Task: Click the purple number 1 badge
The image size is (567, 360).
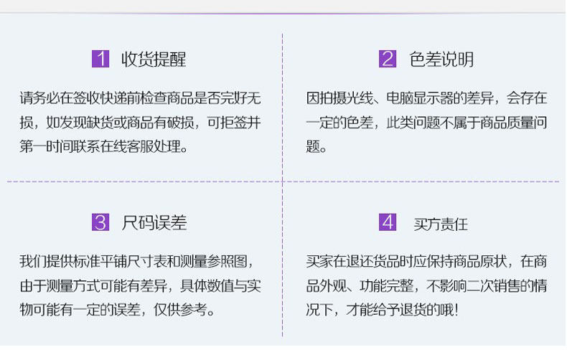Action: click(x=100, y=59)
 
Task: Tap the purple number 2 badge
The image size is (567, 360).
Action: click(x=388, y=59)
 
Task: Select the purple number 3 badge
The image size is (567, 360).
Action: click(x=100, y=222)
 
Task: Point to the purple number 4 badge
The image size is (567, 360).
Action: click(x=388, y=222)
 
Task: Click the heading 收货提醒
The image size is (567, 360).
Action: click(x=154, y=60)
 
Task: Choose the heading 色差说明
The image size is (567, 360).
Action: click(x=441, y=60)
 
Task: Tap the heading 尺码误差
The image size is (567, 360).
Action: click(x=154, y=223)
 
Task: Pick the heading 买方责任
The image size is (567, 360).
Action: click(x=441, y=224)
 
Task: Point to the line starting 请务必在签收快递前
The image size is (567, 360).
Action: click(x=140, y=98)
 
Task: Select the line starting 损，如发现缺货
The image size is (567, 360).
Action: click(x=140, y=123)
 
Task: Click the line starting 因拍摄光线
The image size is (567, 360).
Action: click(x=426, y=98)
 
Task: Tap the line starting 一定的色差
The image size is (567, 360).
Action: click(x=426, y=123)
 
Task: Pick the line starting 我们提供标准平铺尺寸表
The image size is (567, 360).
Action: click(x=136, y=261)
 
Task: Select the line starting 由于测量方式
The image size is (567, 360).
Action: click(x=140, y=286)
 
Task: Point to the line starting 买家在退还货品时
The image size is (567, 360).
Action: click(x=426, y=261)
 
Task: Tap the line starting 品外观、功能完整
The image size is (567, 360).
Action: click(x=426, y=286)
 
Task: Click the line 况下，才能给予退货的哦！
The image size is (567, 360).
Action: click(x=382, y=311)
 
